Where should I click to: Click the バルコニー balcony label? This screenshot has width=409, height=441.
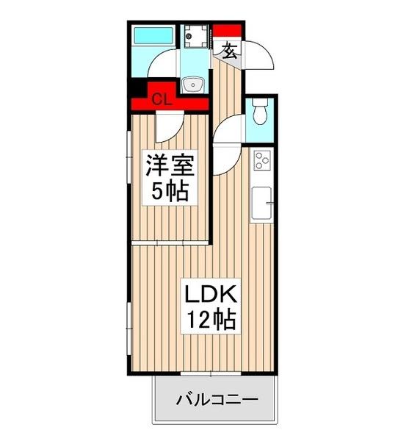point(216,401)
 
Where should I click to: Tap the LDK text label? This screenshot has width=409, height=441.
point(209,295)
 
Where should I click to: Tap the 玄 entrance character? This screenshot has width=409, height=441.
point(229,50)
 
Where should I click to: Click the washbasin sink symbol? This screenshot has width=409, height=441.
point(193,85)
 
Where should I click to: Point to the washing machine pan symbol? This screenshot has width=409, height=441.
point(195,35)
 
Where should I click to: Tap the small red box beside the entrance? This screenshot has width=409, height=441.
point(225,31)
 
